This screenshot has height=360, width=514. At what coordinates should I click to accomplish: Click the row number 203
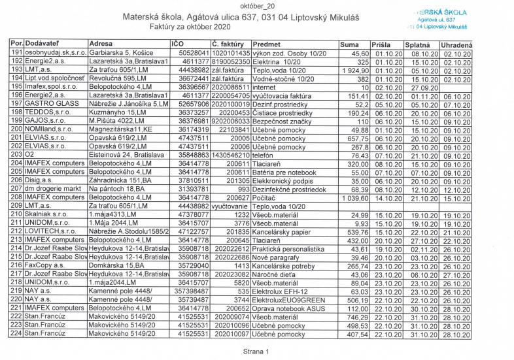click(17, 155)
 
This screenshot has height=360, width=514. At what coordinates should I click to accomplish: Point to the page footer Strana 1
click(256, 351)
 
